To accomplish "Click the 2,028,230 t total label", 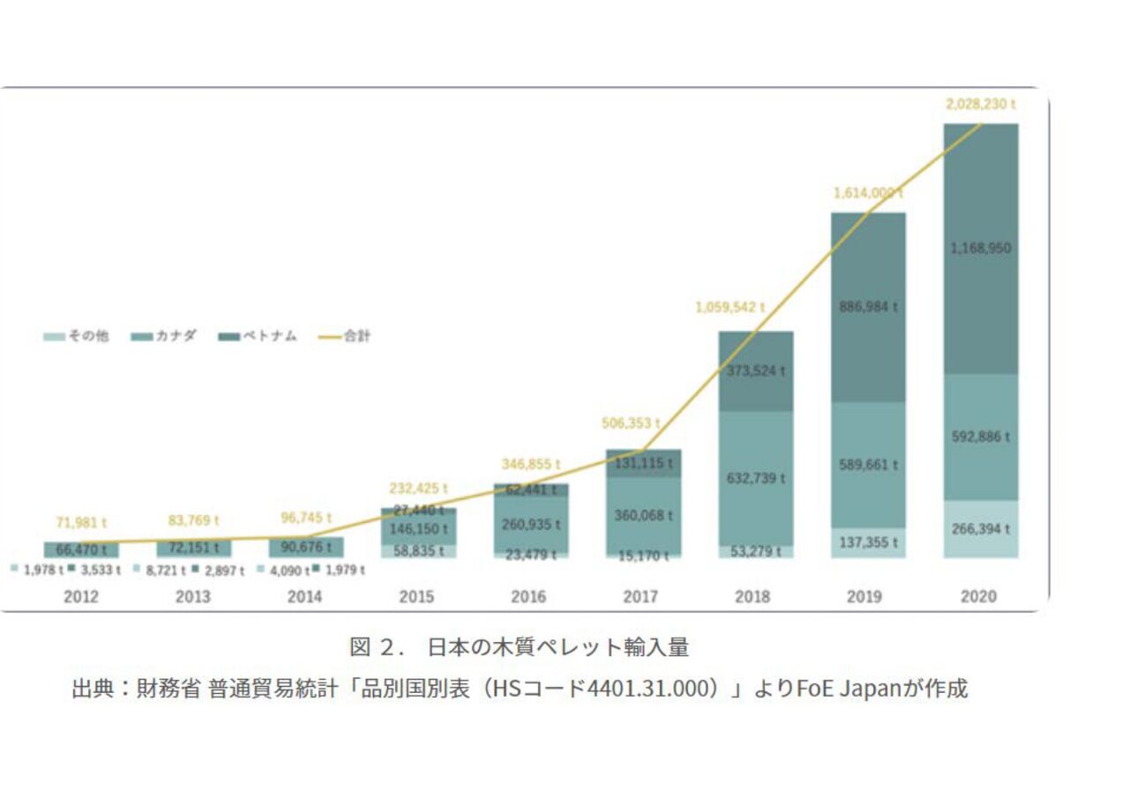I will click(x=980, y=104).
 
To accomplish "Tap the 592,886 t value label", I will click(x=980, y=436).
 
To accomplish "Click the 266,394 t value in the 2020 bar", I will click(x=980, y=529).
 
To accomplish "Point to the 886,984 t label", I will click(x=868, y=307).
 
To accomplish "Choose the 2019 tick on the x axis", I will click(x=864, y=597).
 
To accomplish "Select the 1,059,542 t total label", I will click(x=729, y=308).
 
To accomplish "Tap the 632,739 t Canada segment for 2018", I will click(x=756, y=478).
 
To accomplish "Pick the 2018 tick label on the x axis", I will click(x=752, y=597).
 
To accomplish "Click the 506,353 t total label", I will click(x=631, y=423).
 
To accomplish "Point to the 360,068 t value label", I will click(x=644, y=515).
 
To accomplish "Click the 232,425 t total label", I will click(x=418, y=488).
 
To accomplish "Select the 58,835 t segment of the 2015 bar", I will click(x=418, y=550).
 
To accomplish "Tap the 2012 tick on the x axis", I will click(x=81, y=597).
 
